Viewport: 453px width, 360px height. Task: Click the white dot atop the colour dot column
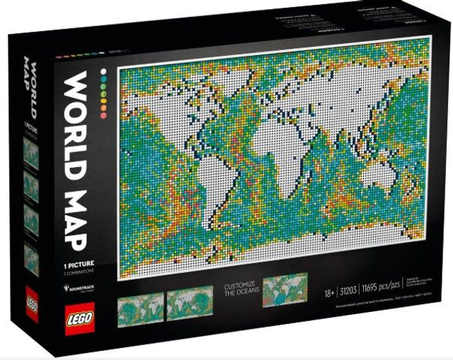(x=103, y=71)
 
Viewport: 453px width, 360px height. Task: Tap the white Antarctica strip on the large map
(x=276, y=244)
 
